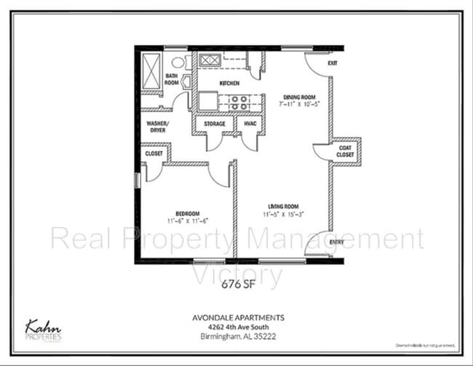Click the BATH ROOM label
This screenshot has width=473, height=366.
pyautogui.click(x=172, y=79)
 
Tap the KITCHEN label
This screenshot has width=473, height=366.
pyautogui.click(x=229, y=83)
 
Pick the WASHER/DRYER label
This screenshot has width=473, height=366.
pyautogui.click(x=158, y=127)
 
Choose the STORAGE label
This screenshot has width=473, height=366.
pyautogui.click(x=214, y=124)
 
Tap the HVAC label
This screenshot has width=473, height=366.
pyautogui.click(x=250, y=124)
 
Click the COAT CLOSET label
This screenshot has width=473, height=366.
pyautogui.click(x=346, y=152)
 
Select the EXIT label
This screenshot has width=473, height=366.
pyautogui.click(x=333, y=63)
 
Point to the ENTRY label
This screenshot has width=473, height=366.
pyautogui.click(x=337, y=242)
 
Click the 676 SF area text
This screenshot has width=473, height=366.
pyautogui.click(x=236, y=285)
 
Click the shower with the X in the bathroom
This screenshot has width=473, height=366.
pyautogui.click(x=152, y=71)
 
